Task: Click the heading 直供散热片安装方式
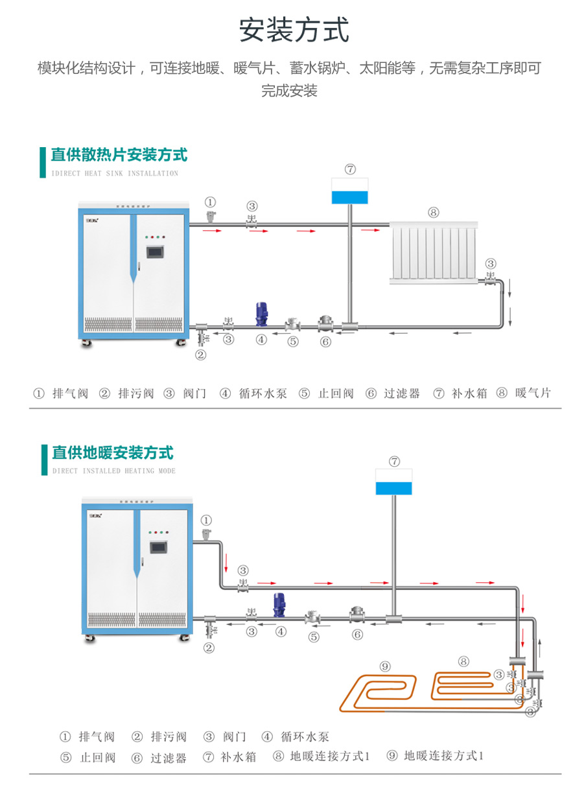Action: [119, 155]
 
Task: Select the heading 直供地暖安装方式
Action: [112, 452]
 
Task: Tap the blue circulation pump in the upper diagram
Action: [261, 314]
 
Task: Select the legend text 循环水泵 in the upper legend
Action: [263, 393]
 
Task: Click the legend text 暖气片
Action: [533, 393]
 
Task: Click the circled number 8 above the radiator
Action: [433, 212]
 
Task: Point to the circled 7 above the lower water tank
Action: [394, 462]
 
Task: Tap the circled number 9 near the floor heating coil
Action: [385, 666]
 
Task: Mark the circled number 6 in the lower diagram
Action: [357, 635]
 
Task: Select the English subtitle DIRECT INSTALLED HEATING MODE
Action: [114, 471]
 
